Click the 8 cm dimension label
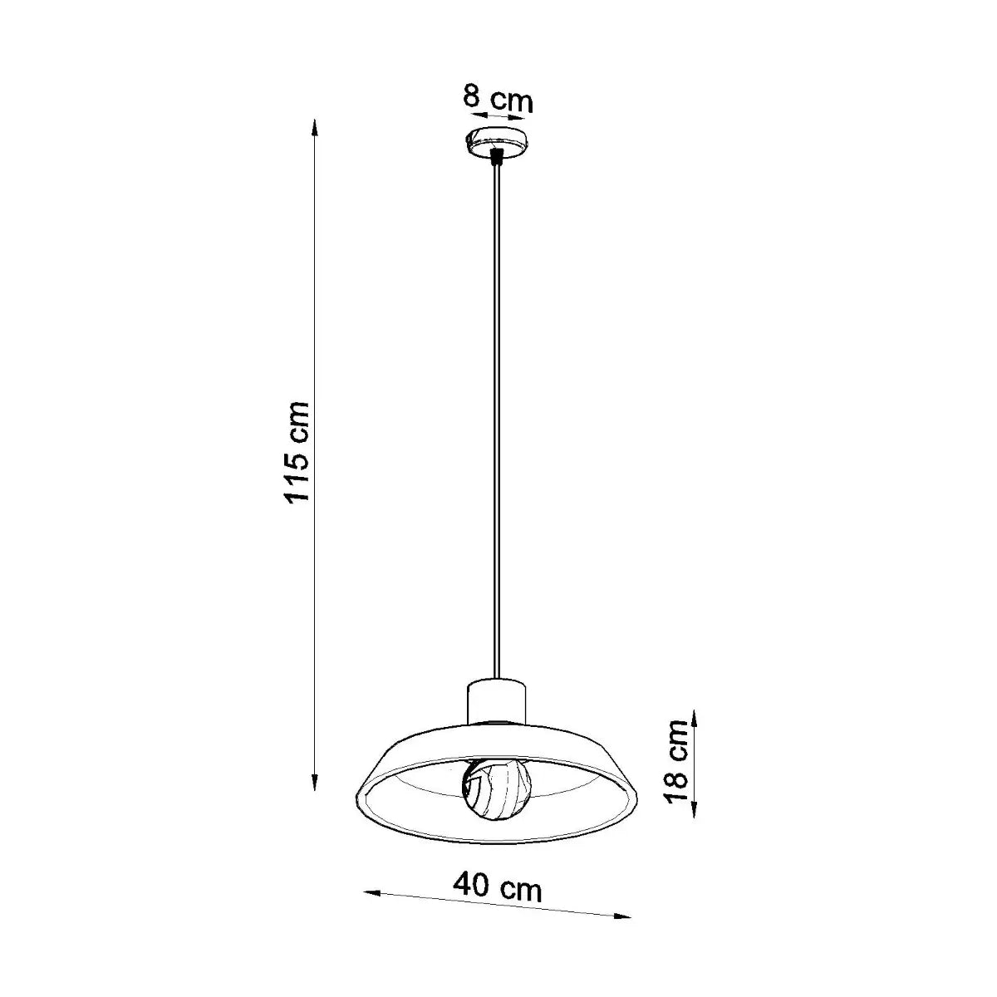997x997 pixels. pos(498,99)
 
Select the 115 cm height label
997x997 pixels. pos(297,451)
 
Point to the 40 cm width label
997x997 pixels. pos(498,887)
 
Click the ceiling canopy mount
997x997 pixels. pos(496,142)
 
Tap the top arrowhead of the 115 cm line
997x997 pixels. pos(314,124)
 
